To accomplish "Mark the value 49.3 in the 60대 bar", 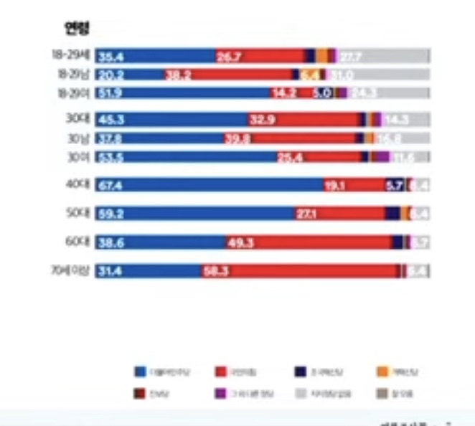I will click(241, 243).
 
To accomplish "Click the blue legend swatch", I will click(141, 371).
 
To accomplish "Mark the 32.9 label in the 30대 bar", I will click(262, 120).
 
